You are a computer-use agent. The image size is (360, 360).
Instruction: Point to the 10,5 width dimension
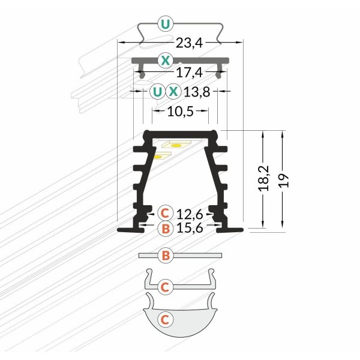click(x=180, y=112)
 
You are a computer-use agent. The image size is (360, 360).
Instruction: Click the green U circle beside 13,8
click(x=157, y=92)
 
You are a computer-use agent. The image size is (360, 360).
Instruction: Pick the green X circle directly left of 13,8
click(x=173, y=92)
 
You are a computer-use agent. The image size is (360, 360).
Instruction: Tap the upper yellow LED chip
click(x=176, y=145)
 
